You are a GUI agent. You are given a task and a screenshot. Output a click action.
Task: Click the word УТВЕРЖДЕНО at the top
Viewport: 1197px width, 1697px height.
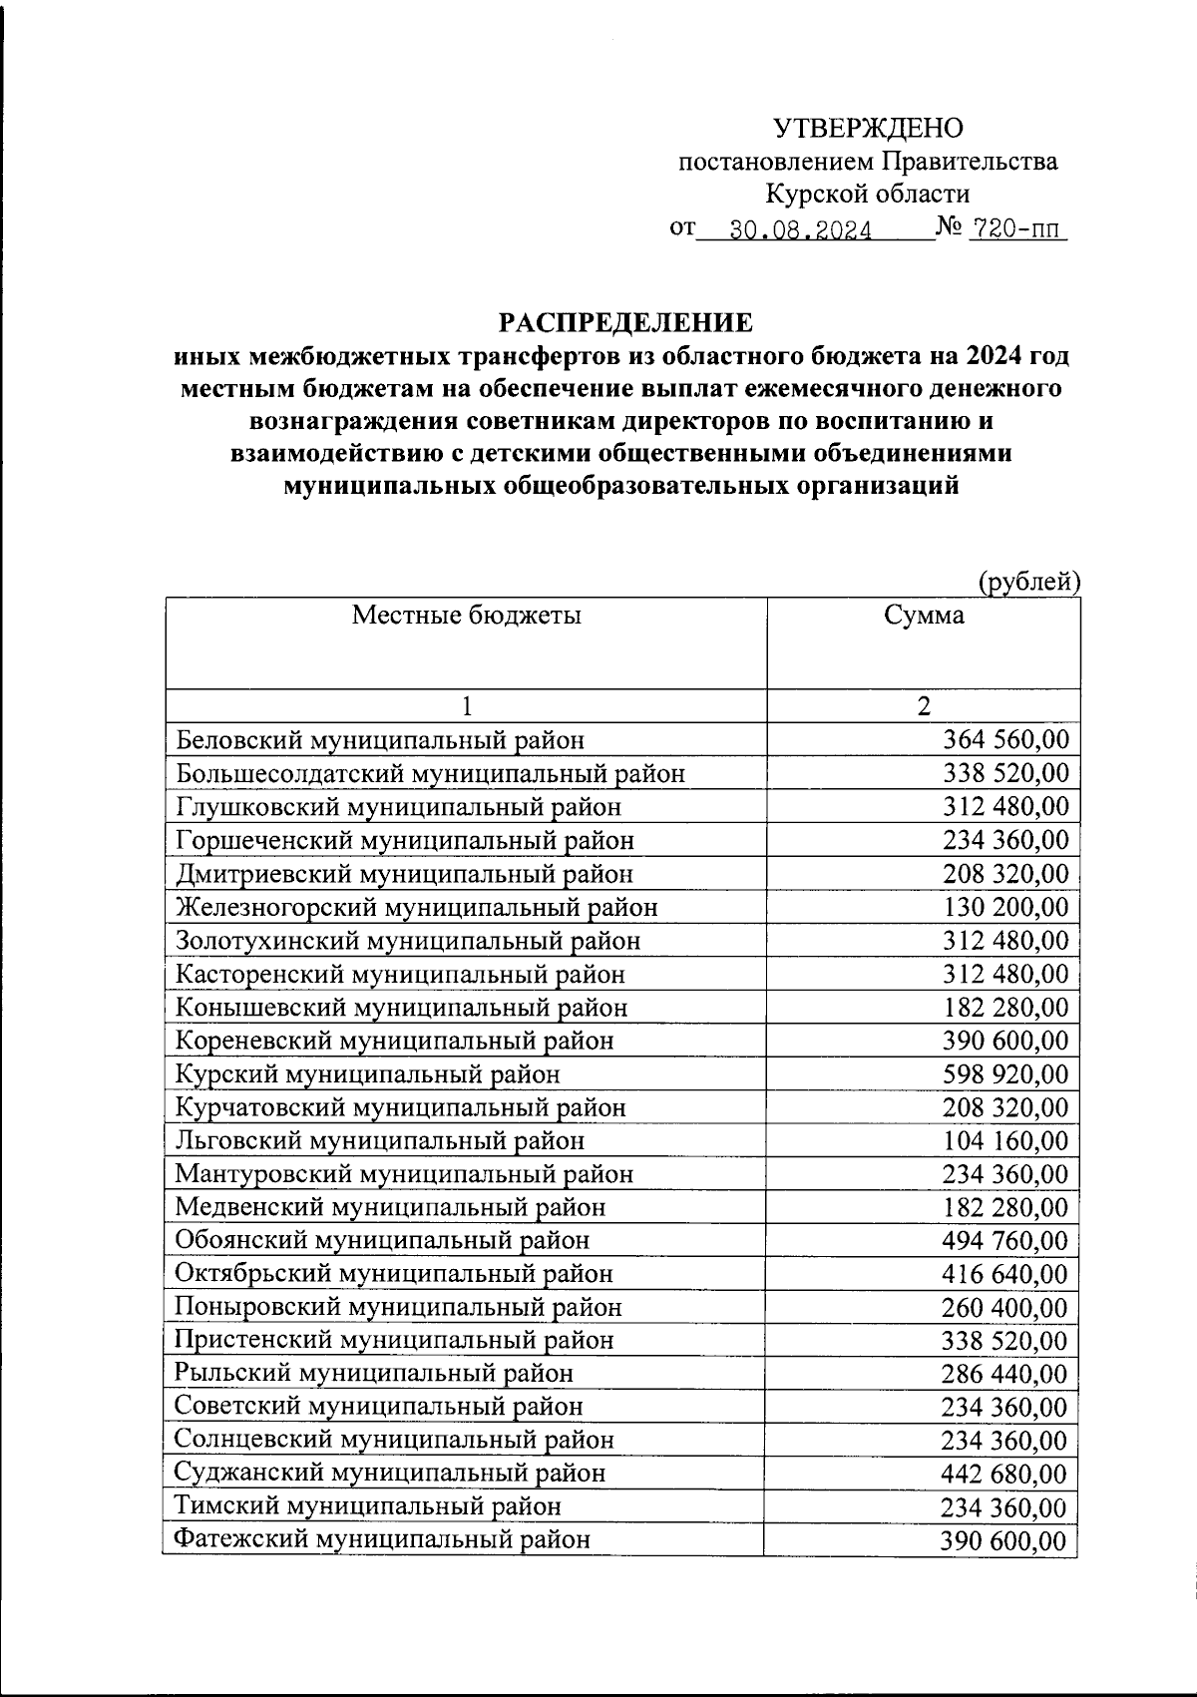[869, 128]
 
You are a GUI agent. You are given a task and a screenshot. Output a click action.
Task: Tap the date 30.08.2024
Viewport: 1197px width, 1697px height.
[801, 231]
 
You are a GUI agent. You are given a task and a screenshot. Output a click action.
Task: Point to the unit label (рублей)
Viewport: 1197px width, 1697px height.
[1029, 581]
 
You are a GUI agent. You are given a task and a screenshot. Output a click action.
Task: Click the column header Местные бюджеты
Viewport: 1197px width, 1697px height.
[466, 615]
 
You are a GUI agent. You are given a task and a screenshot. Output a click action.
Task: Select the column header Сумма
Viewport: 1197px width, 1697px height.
[924, 615]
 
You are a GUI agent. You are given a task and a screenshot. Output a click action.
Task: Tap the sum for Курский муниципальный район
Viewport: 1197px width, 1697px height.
[1004, 1074]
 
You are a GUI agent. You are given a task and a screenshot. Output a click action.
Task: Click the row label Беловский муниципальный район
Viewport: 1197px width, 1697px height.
[380, 740]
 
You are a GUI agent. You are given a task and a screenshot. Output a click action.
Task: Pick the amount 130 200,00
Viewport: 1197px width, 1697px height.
[1004, 908]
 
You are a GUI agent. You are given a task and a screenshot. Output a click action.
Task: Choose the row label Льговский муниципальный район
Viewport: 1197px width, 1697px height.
[379, 1140]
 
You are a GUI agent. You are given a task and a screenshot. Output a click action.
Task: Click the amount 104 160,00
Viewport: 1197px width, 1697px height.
[1004, 1140]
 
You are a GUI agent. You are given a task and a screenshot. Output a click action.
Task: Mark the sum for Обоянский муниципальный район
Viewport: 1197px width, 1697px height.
[1004, 1241]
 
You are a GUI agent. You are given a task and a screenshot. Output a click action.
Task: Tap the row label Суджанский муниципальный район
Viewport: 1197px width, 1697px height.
[389, 1473]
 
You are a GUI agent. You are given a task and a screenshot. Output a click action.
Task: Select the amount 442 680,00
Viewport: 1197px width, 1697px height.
[1004, 1474]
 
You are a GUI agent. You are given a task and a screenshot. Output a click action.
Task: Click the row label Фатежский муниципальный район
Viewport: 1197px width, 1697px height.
[382, 1539]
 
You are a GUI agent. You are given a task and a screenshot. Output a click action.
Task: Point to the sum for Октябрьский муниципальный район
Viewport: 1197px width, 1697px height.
[1004, 1274]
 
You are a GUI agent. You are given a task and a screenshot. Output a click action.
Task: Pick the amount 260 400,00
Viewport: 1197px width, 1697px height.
[1004, 1307]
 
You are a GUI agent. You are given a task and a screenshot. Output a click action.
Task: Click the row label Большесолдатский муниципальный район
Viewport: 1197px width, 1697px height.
[430, 773]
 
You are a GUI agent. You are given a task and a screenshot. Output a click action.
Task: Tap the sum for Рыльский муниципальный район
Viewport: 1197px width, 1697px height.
[1004, 1374]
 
